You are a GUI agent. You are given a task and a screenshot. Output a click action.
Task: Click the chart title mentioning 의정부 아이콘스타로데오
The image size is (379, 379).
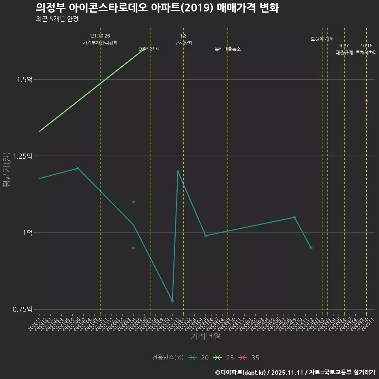[x=157, y=8]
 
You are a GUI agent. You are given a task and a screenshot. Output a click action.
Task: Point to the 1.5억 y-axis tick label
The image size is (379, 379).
[x=24, y=79]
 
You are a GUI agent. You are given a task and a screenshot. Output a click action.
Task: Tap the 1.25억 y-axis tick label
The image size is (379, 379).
[x=23, y=156]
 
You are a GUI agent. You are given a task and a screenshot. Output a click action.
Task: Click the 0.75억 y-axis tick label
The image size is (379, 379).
[x=23, y=309]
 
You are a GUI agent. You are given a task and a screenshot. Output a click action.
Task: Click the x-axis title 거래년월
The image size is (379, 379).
[x=205, y=336]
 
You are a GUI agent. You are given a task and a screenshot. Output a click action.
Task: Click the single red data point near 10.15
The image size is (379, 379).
[x=366, y=101]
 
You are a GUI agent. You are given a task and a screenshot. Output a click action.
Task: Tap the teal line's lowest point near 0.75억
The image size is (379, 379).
[x=172, y=301]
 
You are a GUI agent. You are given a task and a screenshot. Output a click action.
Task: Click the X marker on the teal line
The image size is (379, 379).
[x=78, y=168]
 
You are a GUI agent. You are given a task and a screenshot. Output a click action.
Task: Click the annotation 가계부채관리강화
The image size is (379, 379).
[x=100, y=42]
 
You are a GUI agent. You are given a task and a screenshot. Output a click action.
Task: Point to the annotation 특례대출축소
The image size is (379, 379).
[x=228, y=49]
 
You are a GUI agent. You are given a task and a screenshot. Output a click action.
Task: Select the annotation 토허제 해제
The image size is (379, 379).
[x=322, y=39]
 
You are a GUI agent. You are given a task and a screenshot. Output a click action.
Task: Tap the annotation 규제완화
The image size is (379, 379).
[x=183, y=42]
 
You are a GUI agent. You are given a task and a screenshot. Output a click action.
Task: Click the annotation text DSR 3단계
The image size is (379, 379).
[x=150, y=49]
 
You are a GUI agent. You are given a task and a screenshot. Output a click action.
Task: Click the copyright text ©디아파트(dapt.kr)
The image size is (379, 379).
[x=241, y=372]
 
